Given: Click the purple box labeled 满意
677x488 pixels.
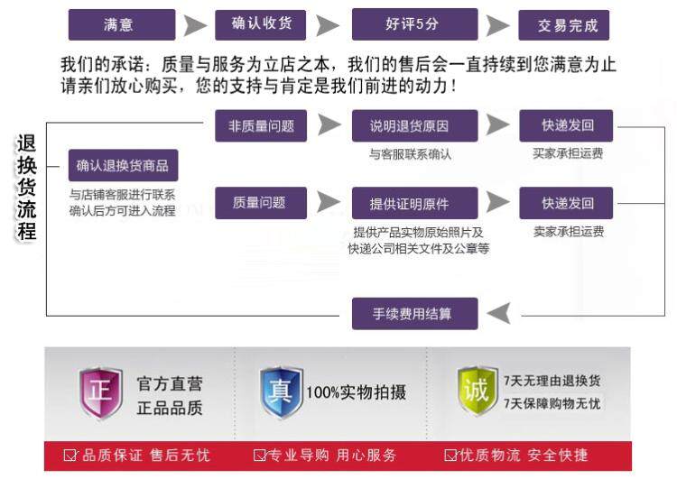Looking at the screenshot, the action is click(x=122, y=24).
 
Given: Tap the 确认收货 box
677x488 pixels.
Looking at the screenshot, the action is click(x=260, y=24).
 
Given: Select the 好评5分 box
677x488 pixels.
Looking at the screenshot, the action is click(x=415, y=24).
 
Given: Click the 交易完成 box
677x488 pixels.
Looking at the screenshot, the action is click(x=564, y=25).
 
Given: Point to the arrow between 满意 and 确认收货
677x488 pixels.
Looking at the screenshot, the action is click(x=195, y=25).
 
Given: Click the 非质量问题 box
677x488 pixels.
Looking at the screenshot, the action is click(x=261, y=125).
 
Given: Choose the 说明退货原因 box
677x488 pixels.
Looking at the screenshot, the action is click(x=415, y=125).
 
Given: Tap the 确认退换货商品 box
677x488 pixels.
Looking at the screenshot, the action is click(x=123, y=165).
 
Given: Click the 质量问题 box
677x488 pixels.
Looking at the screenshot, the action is click(x=261, y=203).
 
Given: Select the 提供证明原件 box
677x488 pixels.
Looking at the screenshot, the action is click(x=415, y=203).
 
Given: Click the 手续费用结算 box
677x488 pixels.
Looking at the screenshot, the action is click(x=415, y=314).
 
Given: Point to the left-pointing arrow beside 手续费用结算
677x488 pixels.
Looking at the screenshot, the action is click(x=498, y=313).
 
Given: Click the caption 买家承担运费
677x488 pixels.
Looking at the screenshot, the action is click(x=568, y=153).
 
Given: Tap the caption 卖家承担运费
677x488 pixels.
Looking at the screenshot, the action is click(x=569, y=232).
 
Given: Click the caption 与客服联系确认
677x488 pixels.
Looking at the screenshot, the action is click(x=410, y=154).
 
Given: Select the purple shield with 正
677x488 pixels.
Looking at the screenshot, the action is click(x=100, y=393).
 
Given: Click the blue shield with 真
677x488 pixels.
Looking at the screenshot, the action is click(x=281, y=392).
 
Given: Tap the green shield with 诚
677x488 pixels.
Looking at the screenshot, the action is click(x=477, y=391).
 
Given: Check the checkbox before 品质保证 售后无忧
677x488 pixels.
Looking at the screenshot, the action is click(x=70, y=456).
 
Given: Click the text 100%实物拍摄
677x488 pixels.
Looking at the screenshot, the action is click(x=357, y=392).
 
